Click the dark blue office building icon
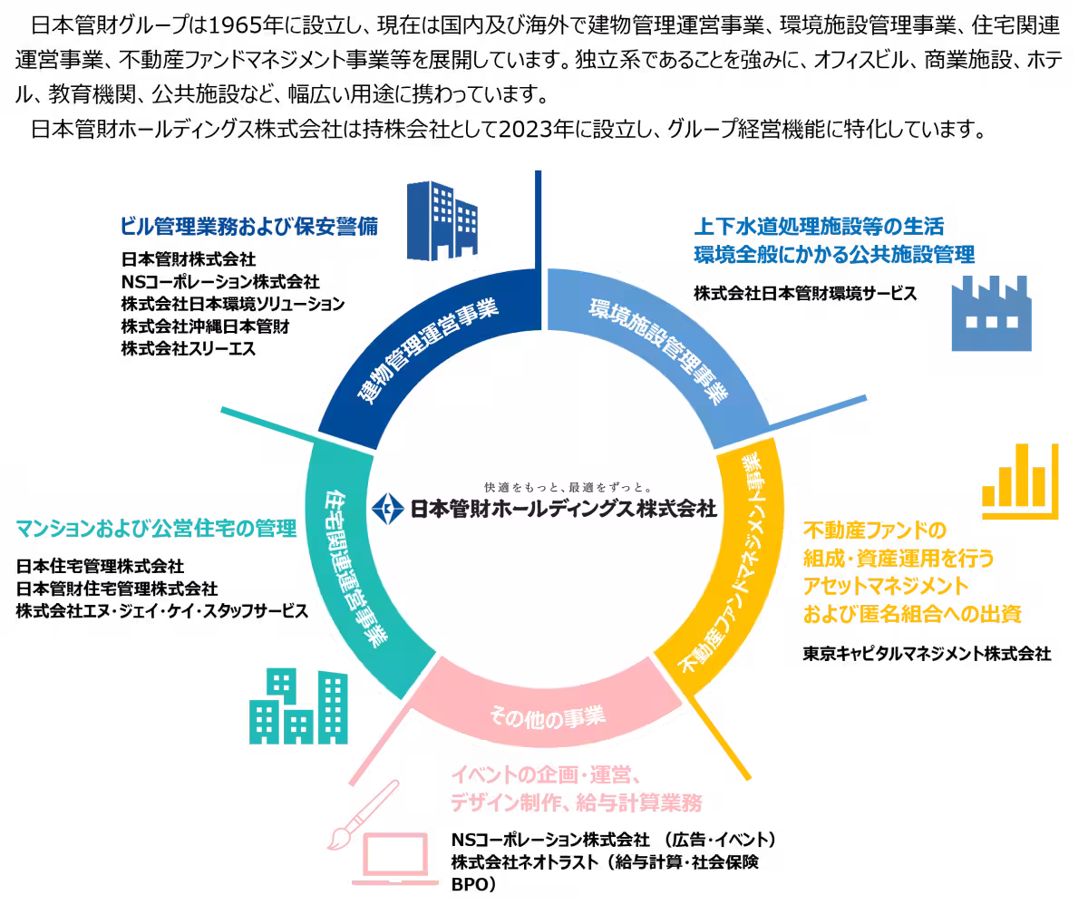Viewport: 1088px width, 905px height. [442, 220]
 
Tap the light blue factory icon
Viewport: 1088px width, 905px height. [991, 314]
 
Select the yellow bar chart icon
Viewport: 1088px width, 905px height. [1020, 482]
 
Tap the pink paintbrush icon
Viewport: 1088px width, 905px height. [363, 815]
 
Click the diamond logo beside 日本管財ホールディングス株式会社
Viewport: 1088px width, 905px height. [388, 509]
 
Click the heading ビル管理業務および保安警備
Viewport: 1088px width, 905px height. [249, 227]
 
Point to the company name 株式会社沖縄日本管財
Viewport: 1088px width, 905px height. [205, 326]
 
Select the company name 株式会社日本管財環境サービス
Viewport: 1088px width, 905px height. [805, 294]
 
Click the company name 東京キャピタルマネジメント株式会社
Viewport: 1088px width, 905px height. [927, 654]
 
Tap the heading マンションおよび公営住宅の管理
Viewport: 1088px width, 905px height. [156, 529]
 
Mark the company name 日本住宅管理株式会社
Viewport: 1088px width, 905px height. [100, 566]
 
